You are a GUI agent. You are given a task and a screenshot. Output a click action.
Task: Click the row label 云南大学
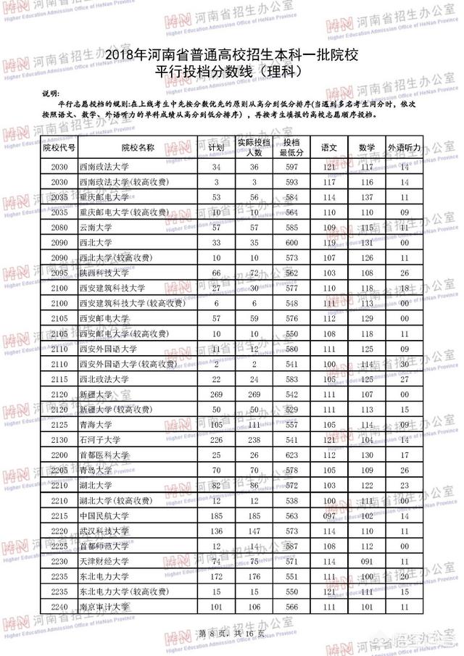click(x=96, y=227)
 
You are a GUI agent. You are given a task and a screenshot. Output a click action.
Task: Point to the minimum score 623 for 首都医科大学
click(x=291, y=454)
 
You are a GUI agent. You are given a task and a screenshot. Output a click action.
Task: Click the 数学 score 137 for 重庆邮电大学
click(x=367, y=196)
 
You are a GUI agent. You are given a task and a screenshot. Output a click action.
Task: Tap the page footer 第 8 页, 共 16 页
click(x=229, y=634)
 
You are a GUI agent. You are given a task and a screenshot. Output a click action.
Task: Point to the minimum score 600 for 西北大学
click(x=291, y=242)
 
